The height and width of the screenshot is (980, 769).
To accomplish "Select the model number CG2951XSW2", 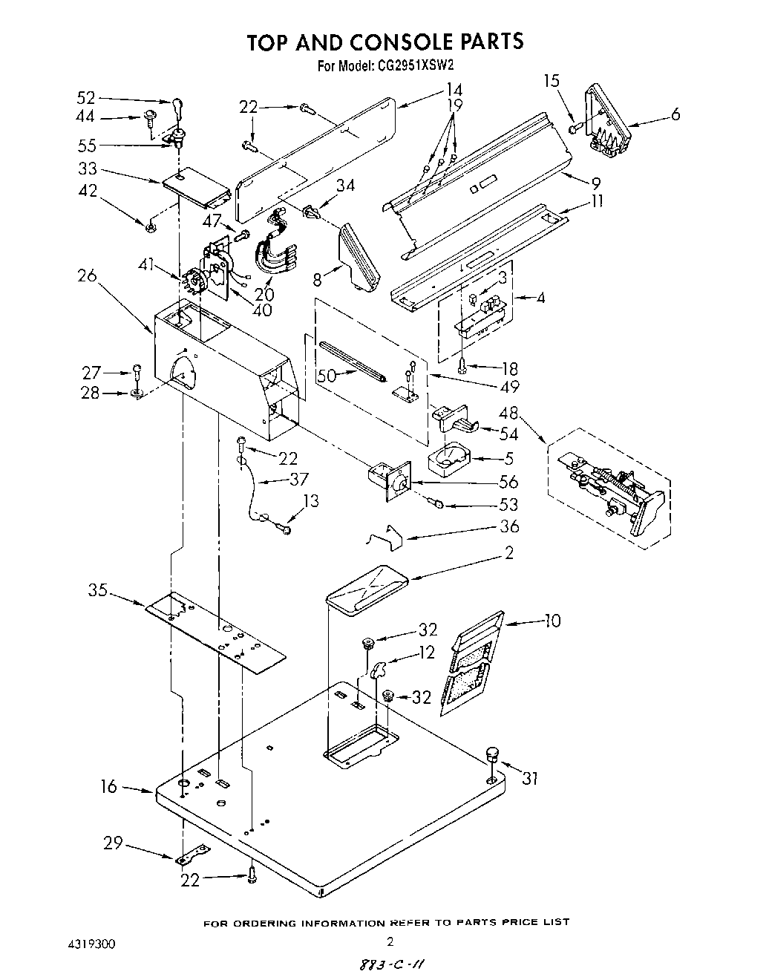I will point(416,65).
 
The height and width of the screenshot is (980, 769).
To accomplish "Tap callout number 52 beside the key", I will point(86,98).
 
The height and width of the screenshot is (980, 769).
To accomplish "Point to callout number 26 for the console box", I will point(87,275).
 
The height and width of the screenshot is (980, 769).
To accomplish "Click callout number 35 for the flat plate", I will point(98,591).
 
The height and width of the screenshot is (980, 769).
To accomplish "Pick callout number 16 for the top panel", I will point(109,786).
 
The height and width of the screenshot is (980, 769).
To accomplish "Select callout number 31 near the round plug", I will point(529,779).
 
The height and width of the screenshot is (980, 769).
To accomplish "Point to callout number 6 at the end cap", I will point(675,114).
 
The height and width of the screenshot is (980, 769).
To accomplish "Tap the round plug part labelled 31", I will point(491,756).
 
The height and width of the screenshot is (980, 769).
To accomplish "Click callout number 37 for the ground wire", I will point(299,480).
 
